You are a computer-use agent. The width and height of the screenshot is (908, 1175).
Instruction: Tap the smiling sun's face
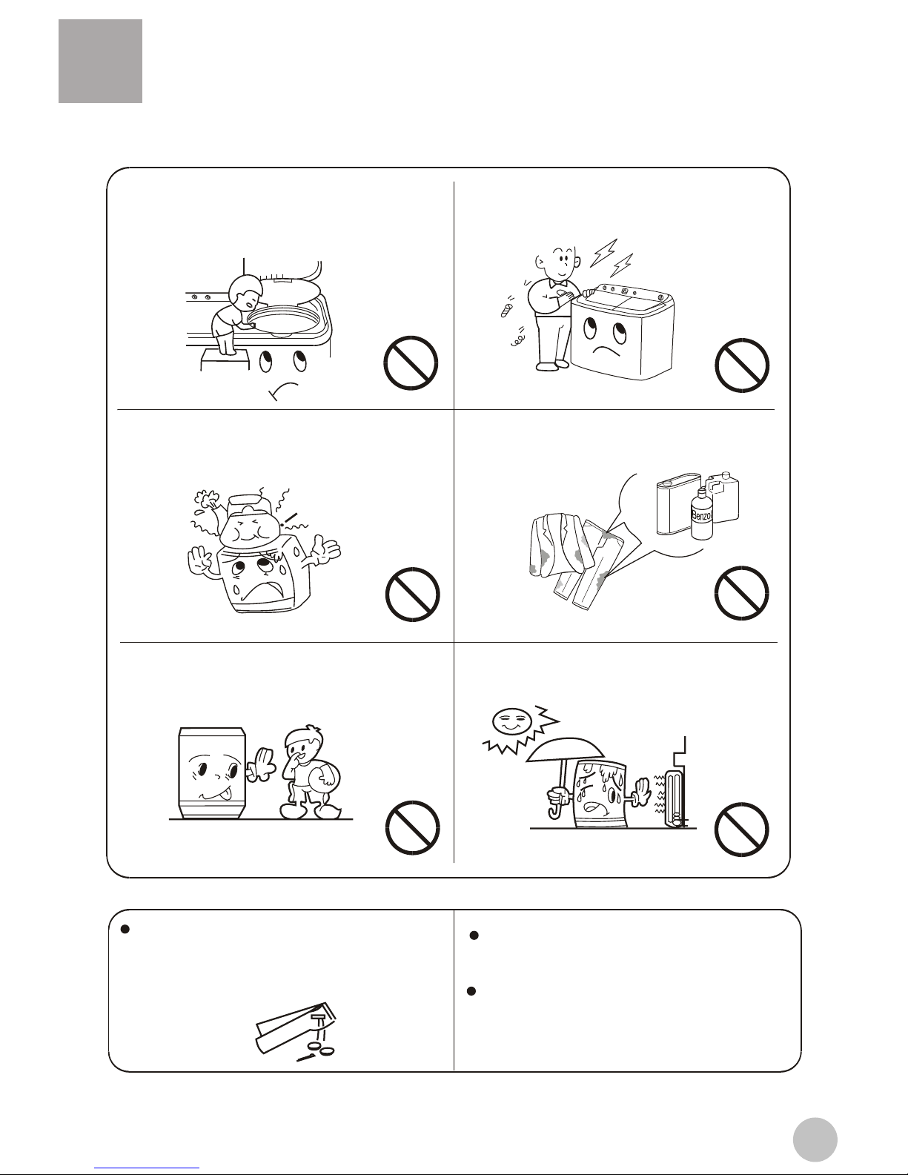[x=510, y=721]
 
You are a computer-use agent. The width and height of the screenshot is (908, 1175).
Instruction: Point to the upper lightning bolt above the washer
[x=603, y=253]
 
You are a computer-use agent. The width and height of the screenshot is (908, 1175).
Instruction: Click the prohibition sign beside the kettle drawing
[x=412, y=595]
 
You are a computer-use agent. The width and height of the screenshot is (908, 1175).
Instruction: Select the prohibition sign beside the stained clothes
[x=741, y=592]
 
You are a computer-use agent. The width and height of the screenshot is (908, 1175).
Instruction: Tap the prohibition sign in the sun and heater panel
[x=741, y=830]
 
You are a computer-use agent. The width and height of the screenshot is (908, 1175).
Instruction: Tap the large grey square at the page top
[x=101, y=61]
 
